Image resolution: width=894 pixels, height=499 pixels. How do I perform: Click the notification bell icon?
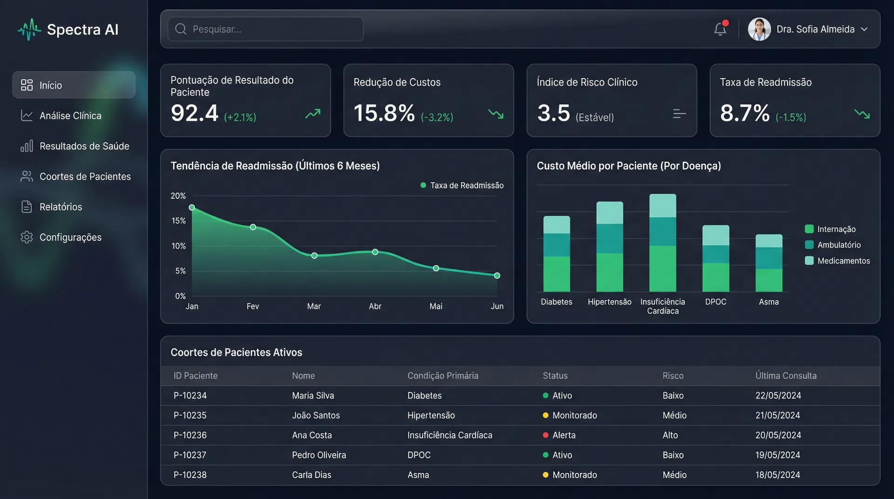(720, 29)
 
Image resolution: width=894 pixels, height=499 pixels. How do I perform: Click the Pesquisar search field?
(265, 29)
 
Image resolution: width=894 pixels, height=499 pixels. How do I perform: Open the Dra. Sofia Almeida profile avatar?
(759, 29)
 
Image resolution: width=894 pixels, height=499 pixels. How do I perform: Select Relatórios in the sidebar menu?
(61, 207)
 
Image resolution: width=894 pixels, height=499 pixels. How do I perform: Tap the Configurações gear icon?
(27, 237)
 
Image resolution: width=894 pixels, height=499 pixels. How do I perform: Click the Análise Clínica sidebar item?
(70, 115)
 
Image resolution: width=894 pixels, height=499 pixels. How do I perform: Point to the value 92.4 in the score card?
(194, 113)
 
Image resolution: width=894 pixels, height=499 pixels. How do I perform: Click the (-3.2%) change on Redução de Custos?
(437, 117)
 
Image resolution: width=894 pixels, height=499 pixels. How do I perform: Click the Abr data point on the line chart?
(375, 252)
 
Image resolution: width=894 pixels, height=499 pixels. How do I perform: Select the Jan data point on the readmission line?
(192, 208)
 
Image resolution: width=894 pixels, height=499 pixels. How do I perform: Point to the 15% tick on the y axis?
(178, 221)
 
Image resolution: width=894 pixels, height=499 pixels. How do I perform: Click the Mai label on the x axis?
(436, 306)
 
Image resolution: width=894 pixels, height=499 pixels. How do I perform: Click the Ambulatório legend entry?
(839, 245)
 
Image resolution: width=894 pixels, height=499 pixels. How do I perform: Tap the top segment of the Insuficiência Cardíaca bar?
(663, 205)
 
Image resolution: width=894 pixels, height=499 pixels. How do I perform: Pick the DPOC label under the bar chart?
(715, 302)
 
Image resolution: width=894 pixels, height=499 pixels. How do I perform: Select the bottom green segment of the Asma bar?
(769, 280)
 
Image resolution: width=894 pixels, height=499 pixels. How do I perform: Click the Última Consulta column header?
(786, 376)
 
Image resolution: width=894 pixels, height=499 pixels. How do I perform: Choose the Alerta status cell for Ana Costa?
(563, 435)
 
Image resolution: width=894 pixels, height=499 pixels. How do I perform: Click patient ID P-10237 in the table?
(190, 455)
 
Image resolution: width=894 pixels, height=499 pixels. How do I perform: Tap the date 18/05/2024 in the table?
(778, 475)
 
